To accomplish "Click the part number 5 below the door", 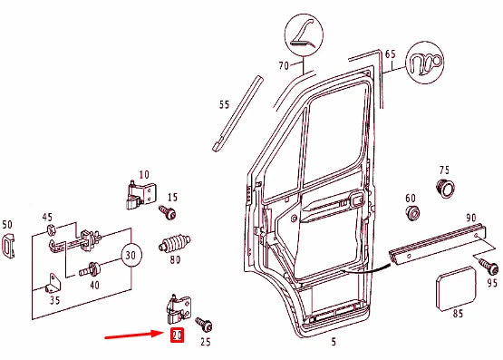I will click(x=333, y=342).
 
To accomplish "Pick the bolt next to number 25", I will click(x=203, y=324).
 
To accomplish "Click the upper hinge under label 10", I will click(x=140, y=193).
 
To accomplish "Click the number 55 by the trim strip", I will click(x=225, y=105).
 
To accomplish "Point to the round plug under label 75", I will click(x=445, y=188).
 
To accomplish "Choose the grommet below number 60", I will click(x=412, y=215).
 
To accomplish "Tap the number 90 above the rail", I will click(x=470, y=219).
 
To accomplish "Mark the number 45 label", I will click(x=47, y=217).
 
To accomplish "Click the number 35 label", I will click(x=54, y=300).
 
